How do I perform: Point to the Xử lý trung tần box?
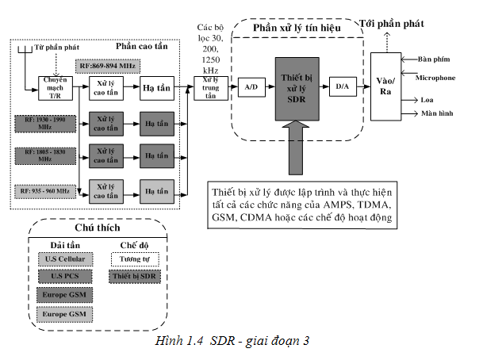coord(209,87)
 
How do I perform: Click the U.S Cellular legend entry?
coord(64,259)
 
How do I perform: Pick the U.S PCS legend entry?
coord(64,276)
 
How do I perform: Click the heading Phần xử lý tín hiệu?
coord(296,29)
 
